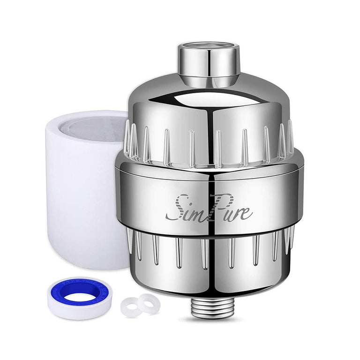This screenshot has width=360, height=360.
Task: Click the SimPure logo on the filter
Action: pyautogui.click(x=209, y=208)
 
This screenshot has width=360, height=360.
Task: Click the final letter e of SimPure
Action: pyautogui.click(x=247, y=214)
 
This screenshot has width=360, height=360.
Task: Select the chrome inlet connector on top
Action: pyautogui.click(x=209, y=63)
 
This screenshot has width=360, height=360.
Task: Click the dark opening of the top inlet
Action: pyautogui.click(x=209, y=46)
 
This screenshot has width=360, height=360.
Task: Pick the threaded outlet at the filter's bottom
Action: pyautogui.click(x=210, y=307)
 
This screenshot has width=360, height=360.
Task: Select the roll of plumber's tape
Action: pyautogui.click(x=80, y=297)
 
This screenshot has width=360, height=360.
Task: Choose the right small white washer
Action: pyautogui.click(x=149, y=302)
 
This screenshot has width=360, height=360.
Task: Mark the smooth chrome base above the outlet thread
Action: pyautogui.click(x=209, y=284)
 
